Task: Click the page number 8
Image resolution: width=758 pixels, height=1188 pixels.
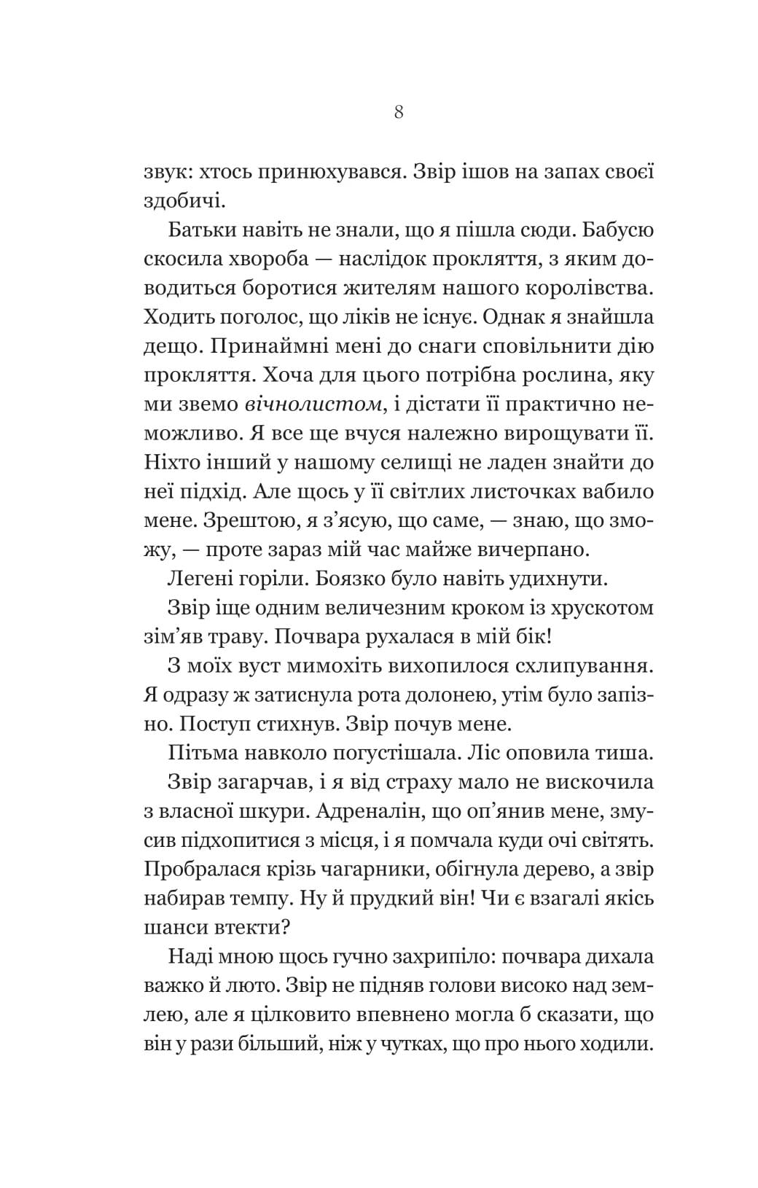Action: [x=398, y=113]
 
